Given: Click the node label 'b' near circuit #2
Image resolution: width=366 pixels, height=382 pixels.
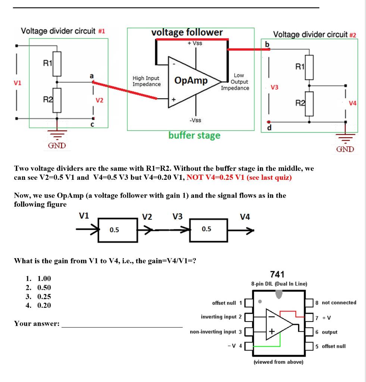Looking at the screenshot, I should pyautogui.click(x=266, y=44).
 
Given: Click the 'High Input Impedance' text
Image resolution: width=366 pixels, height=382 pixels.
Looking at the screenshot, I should pyautogui.click(x=147, y=81).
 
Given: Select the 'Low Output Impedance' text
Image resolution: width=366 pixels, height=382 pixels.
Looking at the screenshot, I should pyautogui.click(x=235, y=82).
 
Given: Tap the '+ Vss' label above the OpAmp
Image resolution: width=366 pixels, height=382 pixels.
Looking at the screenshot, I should pyautogui.click(x=194, y=43).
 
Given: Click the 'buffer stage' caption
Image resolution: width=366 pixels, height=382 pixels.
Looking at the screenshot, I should pyautogui.click(x=194, y=135).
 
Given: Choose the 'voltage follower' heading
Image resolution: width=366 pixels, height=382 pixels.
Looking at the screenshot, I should pyautogui.click(x=187, y=32).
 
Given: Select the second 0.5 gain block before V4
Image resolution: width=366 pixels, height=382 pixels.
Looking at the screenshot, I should pyautogui.click(x=207, y=229).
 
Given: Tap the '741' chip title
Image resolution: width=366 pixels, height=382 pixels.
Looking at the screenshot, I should pyautogui.click(x=277, y=275).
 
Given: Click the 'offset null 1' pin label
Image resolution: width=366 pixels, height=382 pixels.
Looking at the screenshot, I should pyautogui.click(x=227, y=303).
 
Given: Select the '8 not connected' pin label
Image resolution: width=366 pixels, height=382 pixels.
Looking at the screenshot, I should pyautogui.click(x=336, y=303).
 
